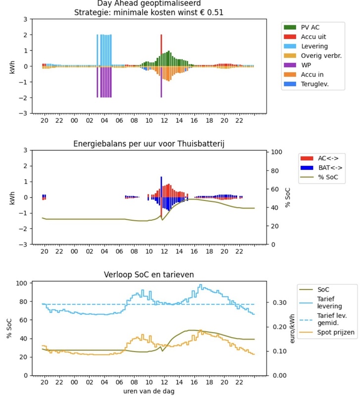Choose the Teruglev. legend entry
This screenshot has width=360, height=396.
[x=315, y=84]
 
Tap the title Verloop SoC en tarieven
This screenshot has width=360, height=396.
[x=149, y=275]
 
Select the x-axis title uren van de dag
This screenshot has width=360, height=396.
[x=149, y=391]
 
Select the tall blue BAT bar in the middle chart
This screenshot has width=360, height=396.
[x=161, y=187]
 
